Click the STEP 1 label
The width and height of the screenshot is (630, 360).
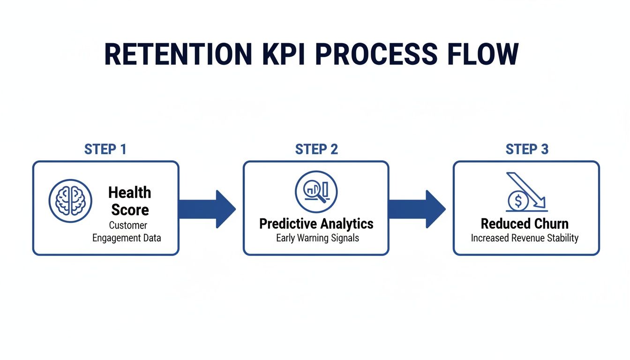[105, 150]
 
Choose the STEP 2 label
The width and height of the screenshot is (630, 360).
[316, 150]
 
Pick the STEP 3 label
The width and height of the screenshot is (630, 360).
[527, 150]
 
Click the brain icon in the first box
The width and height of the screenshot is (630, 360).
[70, 201]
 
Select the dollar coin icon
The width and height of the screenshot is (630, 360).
[518, 202]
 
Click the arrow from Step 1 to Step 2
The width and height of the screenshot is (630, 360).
[206, 209]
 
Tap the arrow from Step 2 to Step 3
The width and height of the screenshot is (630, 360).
[417, 209]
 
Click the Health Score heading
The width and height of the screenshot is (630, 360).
[130, 201]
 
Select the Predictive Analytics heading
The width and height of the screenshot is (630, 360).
[316, 224]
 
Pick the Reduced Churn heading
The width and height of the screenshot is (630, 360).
[525, 224]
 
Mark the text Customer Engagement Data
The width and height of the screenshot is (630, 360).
[127, 232]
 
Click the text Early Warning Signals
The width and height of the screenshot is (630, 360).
[317, 238]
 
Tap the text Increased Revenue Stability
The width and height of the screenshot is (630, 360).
[525, 238]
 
